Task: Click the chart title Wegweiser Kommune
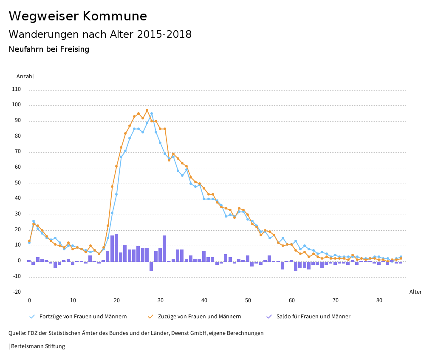pyautogui.click(x=78, y=16)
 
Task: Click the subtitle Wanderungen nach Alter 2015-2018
pyautogui.click(x=100, y=34)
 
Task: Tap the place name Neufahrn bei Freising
pyautogui.click(x=49, y=49)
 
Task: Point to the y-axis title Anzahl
pyautogui.click(x=25, y=77)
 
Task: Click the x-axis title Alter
pyautogui.click(x=415, y=292)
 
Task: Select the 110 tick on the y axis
pyautogui.click(x=17, y=89)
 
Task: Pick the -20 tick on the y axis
pyautogui.click(x=17, y=292)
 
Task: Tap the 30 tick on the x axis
pyautogui.click(x=161, y=300)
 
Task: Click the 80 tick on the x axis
pyautogui.click(x=379, y=300)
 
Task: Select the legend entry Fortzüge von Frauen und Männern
pyautogui.click(x=83, y=317)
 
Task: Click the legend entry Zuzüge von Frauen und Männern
pyautogui.click(x=199, y=317)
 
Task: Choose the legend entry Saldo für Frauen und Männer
pyautogui.click(x=313, y=317)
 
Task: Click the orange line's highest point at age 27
pyautogui.click(x=147, y=110)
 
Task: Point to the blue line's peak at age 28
pyautogui.click(x=152, y=113)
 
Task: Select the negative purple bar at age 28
pyautogui.click(x=151, y=266)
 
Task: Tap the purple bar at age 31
pyautogui.click(x=164, y=248)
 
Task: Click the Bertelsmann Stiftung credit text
pyautogui.click(x=38, y=346)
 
